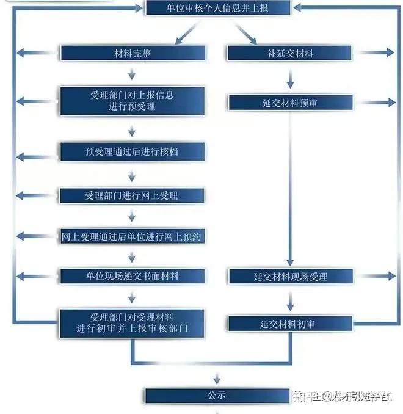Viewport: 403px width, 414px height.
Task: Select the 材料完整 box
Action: click(x=132, y=53)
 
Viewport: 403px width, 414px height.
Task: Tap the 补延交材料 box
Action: click(x=290, y=53)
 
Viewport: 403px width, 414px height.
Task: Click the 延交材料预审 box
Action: click(x=290, y=103)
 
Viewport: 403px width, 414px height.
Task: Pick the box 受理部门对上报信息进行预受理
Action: click(x=132, y=101)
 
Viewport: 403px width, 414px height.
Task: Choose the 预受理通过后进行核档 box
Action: click(x=132, y=151)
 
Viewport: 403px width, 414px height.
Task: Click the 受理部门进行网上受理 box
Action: click(x=132, y=195)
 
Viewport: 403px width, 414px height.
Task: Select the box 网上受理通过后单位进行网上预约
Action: click(x=132, y=236)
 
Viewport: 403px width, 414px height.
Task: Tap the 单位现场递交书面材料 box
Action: click(x=132, y=276)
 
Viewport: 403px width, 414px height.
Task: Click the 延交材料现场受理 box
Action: click(x=290, y=277)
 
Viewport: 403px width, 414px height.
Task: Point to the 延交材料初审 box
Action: click(x=290, y=324)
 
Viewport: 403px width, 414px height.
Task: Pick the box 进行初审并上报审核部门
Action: click(x=132, y=323)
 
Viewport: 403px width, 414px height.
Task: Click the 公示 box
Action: click(x=217, y=395)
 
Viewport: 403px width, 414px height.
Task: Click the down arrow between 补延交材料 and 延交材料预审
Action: click(x=290, y=78)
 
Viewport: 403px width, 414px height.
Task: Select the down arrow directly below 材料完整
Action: click(x=132, y=74)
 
